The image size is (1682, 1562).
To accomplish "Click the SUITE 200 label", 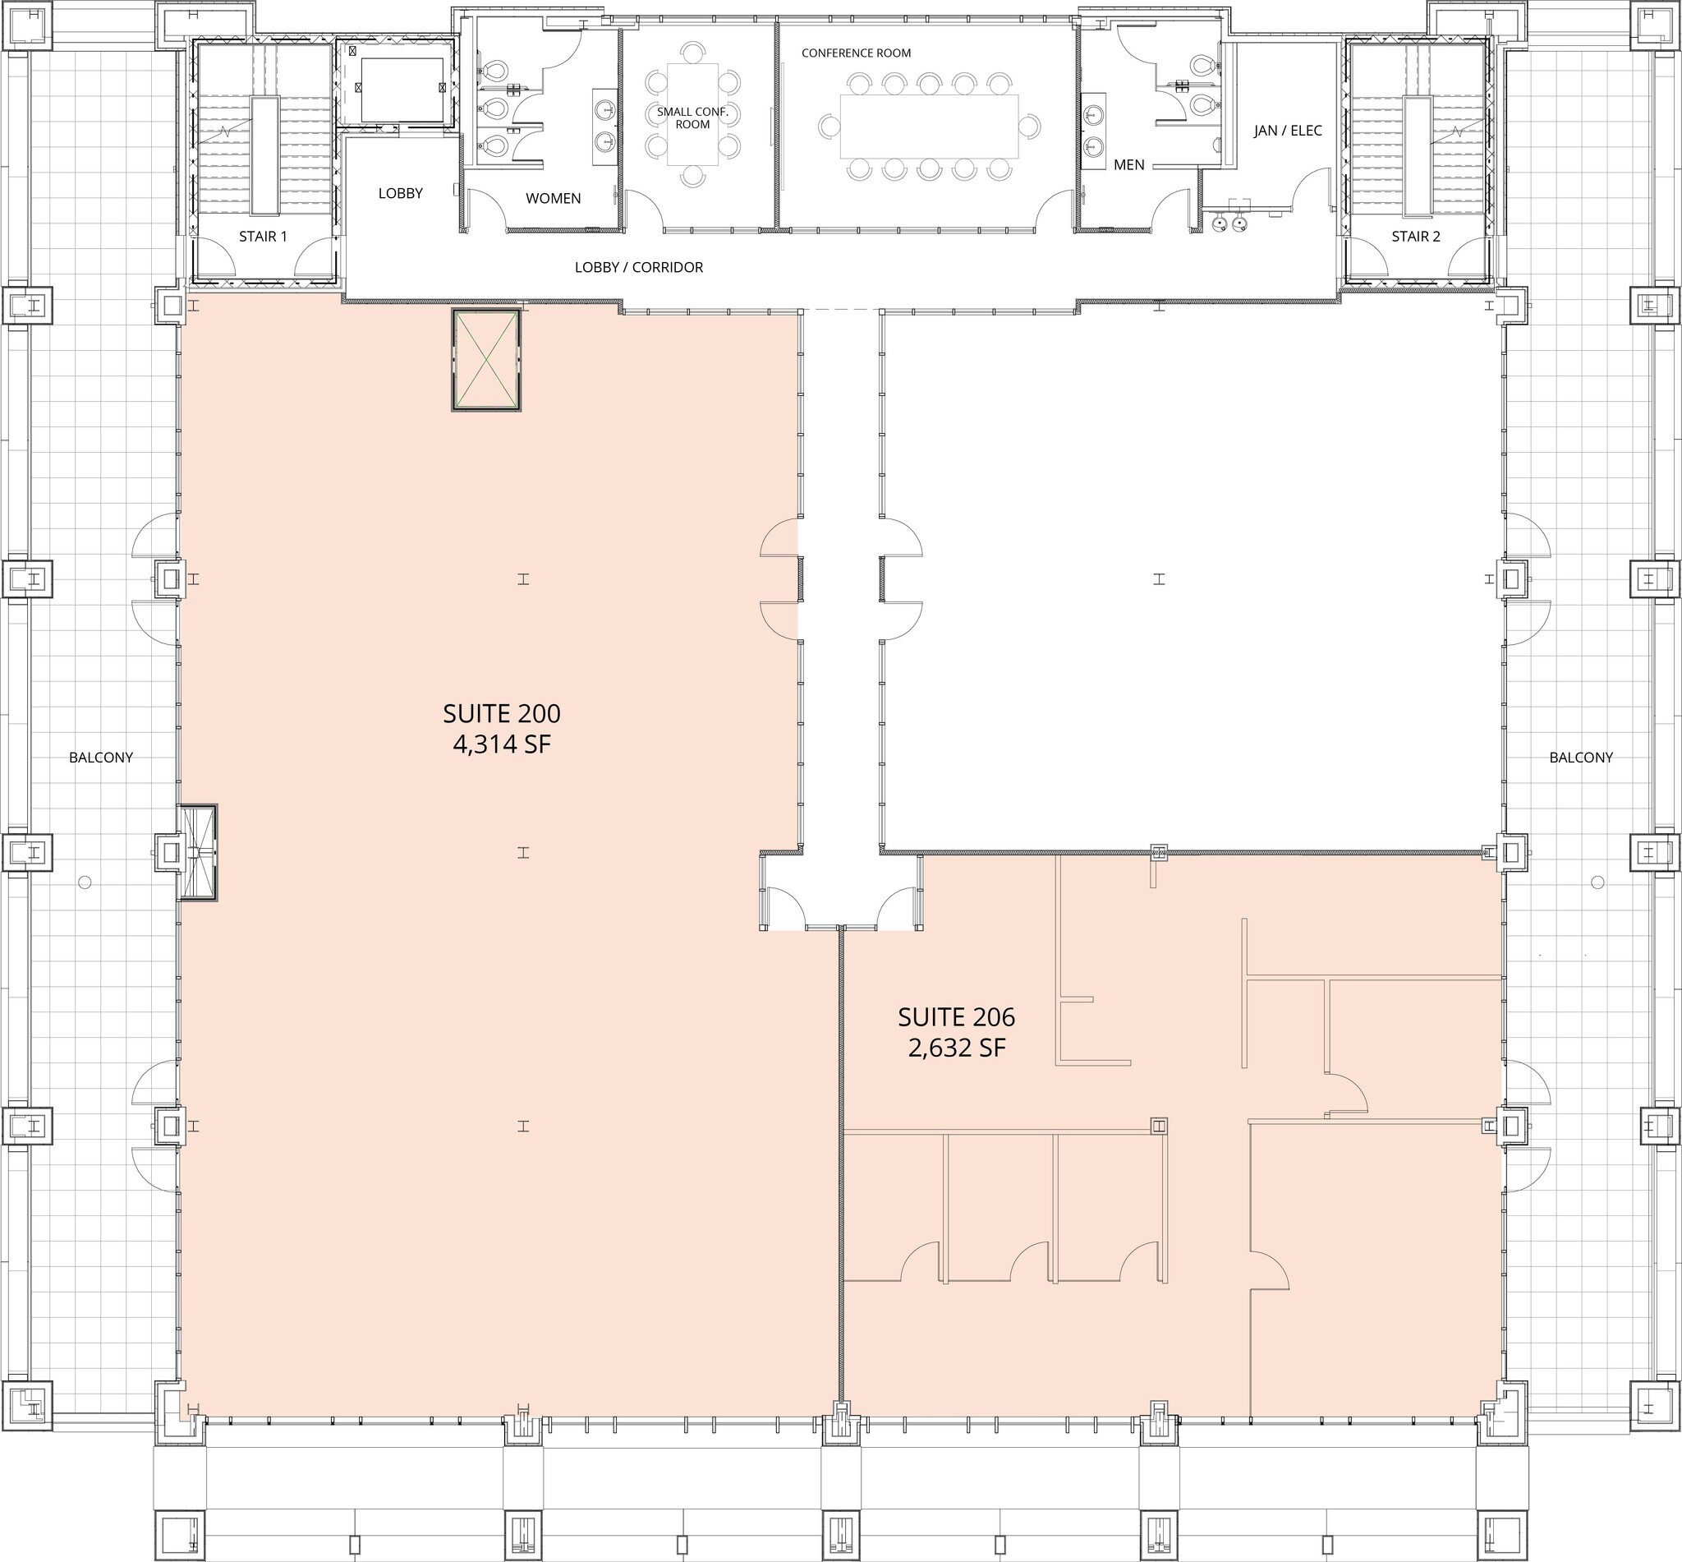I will click(501, 713).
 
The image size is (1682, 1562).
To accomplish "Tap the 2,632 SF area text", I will click(956, 1048).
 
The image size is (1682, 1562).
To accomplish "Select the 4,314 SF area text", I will click(501, 744).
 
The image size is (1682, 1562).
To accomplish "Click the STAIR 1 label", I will click(263, 237).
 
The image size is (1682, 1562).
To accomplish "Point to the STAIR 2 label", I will click(1415, 237).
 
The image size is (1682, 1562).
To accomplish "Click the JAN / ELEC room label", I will click(1288, 131).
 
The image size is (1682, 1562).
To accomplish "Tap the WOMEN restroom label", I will click(553, 199).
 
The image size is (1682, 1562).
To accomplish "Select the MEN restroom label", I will click(1128, 165).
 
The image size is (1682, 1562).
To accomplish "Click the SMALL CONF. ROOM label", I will click(692, 117).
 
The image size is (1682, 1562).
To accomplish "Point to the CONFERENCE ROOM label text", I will click(856, 53).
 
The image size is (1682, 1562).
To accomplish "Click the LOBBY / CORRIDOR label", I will click(639, 267).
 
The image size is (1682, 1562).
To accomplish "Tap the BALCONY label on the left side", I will click(100, 758).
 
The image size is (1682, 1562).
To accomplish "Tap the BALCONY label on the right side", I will click(1581, 758).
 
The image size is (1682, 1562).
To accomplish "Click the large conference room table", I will click(929, 126).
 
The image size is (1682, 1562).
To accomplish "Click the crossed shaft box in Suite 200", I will click(485, 361).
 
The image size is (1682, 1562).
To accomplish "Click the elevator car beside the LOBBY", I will click(402, 90).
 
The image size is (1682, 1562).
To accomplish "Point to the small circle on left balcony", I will click(85, 882).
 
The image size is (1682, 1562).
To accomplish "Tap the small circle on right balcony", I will click(1597, 882).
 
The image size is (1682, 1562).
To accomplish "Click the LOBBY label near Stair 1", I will click(400, 194).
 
